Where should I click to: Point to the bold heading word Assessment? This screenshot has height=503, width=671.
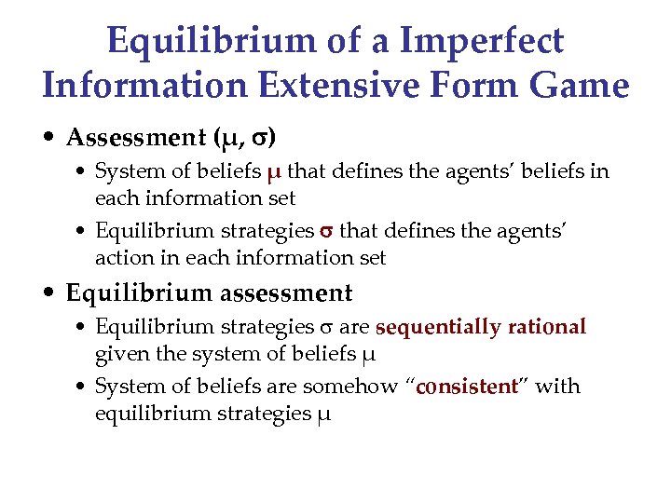[130, 137]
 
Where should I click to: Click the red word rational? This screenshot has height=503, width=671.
[547, 327]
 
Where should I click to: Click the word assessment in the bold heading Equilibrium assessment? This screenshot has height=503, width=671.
[288, 293]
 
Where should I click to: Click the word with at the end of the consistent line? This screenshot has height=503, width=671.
[558, 387]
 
